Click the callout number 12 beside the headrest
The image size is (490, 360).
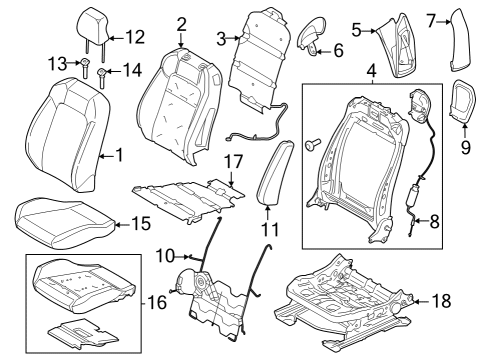pyautogui.click(x=133, y=38)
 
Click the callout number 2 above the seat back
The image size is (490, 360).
pyautogui.click(x=181, y=24)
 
